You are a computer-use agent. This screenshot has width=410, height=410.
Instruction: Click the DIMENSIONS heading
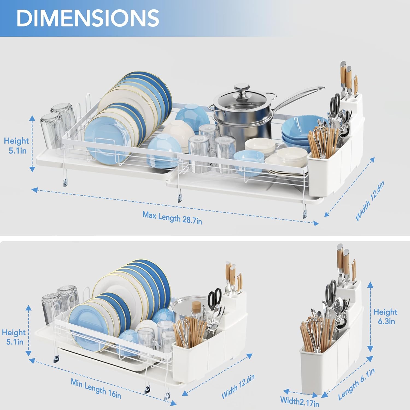[x=87, y=18]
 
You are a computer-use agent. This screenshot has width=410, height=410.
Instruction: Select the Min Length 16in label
[x=96, y=388]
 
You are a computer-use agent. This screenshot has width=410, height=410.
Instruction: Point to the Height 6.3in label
[x=385, y=316]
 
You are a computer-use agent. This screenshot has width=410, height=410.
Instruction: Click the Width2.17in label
[x=300, y=401]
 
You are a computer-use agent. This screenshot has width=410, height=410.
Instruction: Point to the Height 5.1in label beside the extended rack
[x=17, y=146]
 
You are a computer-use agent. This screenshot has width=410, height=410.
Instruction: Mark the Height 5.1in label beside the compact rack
[x=14, y=337]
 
